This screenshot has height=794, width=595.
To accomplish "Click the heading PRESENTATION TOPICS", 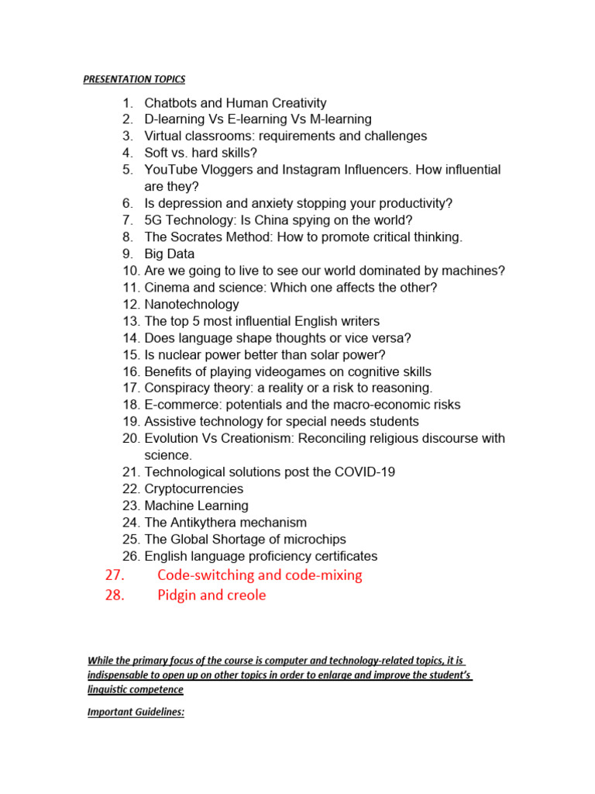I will coord(134,79).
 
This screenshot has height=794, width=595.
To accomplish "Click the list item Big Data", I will coord(169,254).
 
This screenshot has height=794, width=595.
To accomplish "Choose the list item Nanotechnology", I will coord(191,305).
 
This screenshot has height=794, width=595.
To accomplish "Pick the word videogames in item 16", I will coord(281,371).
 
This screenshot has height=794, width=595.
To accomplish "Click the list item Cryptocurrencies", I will coord(194,489).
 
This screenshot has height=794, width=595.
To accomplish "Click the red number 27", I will coord(113,575).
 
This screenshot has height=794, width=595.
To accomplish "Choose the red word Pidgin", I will coord(177,595).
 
